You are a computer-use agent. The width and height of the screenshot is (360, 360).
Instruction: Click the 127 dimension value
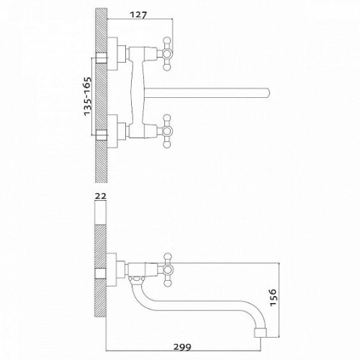click(x=138, y=15)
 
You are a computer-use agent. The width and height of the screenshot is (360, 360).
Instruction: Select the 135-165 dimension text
click(x=88, y=96)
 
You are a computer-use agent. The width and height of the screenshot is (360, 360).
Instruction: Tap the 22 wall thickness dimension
click(x=101, y=196)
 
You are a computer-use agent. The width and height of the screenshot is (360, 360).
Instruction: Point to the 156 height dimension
click(x=274, y=297)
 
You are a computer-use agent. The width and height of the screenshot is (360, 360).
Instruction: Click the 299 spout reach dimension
click(x=183, y=347)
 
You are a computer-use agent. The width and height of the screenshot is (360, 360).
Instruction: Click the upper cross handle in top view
click(x=166, y=54)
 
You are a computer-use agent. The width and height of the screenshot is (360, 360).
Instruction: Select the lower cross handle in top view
click(x=166, y=131)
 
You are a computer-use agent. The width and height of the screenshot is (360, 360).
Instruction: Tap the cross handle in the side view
click(x=166, y=270)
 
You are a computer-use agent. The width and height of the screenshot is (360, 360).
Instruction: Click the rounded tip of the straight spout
click(x=267, y=93)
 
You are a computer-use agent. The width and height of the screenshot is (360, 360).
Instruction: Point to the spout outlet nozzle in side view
click(x=261, y=333)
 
